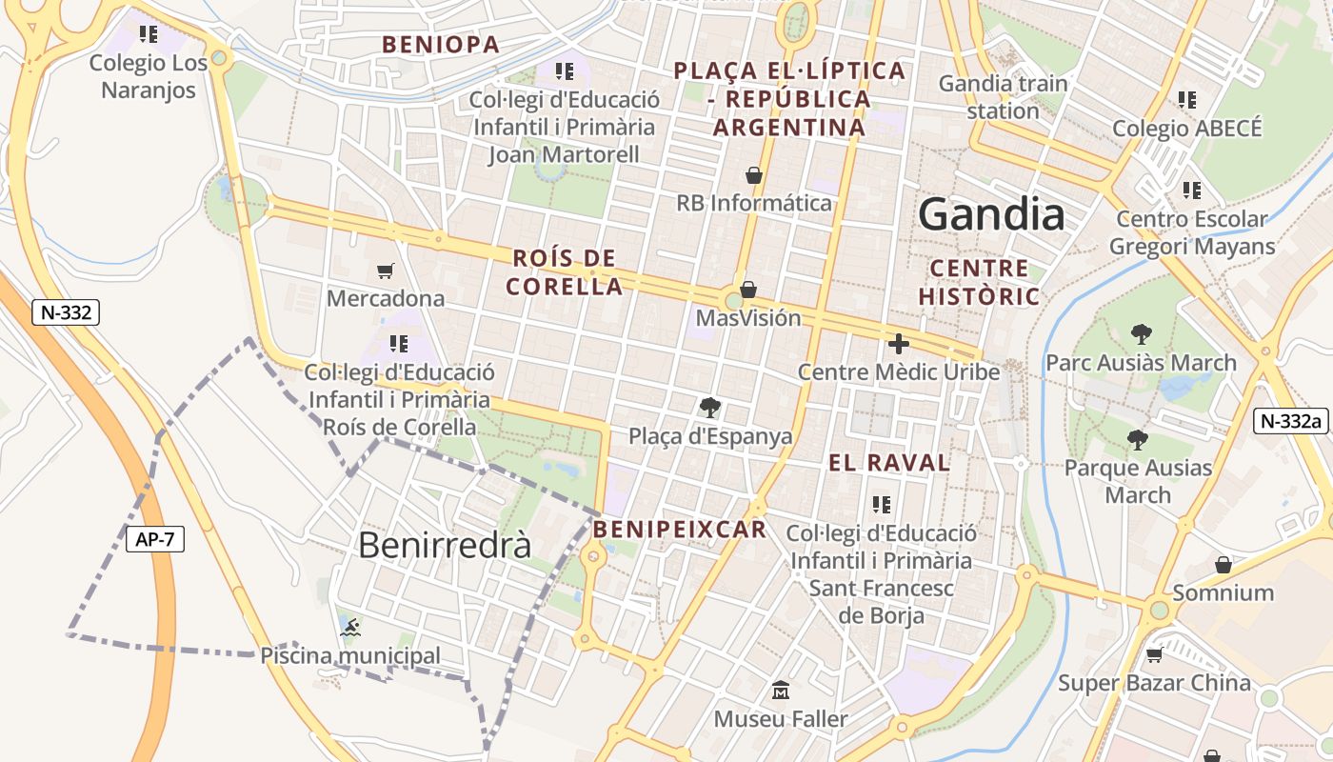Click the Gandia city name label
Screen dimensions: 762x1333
click(x=991, y=215)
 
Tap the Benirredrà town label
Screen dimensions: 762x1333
click(x=445, y=545)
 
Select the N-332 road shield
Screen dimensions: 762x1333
click(x=66, y=312)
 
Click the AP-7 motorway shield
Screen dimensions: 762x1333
click(x=154, y=539)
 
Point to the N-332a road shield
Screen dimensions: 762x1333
click(x=1290, y=421)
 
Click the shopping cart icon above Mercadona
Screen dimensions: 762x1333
click(x=386, y=271)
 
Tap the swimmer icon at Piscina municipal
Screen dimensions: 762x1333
click(x=350, y=627)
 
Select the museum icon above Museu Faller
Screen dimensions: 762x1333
click(x=781, y=690)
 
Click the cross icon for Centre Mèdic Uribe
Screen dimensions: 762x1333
click(x=898, y=344)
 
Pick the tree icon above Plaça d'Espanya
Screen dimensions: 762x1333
click(x=709, y=408)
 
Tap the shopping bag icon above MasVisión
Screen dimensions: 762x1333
click(x=748, y=289)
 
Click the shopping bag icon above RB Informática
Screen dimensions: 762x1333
click(x=754, y=175)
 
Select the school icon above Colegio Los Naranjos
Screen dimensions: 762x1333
click(x=149, y=34)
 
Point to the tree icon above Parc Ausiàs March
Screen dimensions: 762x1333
click(x=1141, y=334)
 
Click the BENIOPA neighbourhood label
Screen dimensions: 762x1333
click(x=441, y=45)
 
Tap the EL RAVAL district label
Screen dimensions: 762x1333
click(x=889, y=463)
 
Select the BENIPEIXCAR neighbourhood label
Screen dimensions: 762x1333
click(x=679, y=530)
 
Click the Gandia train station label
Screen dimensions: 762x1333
click(x=1004, y=96)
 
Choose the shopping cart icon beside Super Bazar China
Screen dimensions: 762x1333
click(x=1155, y=654)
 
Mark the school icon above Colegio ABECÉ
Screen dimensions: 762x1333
click(x=1186, y=99)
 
